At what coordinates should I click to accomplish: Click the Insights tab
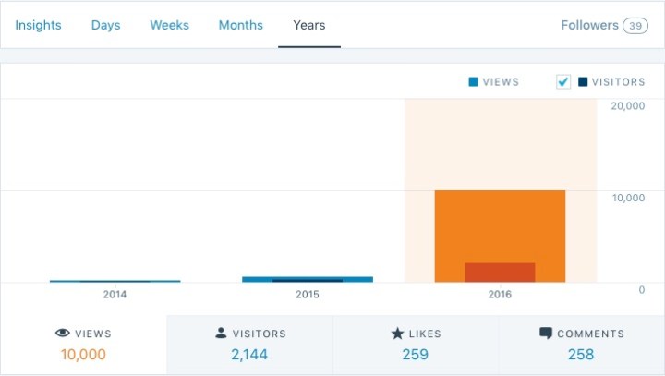coord(38,25)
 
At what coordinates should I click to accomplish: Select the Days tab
coord(105,25)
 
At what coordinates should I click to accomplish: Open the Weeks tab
coord(169,25)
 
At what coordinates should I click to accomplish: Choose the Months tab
coord(240,25)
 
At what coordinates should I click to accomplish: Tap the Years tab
coord(308,25)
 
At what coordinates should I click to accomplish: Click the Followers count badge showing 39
coord(635,26)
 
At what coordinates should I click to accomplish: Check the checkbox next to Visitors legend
coord(563,82)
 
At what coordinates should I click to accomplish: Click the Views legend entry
coord(494,82)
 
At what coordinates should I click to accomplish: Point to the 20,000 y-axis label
coord(628,105)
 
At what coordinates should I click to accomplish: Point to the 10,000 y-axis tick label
coord(628,198)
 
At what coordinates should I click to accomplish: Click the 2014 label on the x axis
coord(115,295)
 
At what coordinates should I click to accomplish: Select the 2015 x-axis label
coord(307,295)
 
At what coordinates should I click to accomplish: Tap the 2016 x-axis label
coord(499,295)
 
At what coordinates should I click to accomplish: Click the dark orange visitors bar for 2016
coord(500,273)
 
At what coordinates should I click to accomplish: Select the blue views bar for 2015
coord(308,278)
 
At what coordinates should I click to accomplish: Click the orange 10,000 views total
coord(83,354)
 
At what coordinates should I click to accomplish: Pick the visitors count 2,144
coord(249,354)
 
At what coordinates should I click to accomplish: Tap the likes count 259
coord(416,354)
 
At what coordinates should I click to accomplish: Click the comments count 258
coord(581,354)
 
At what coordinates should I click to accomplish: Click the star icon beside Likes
coord(396,334)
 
